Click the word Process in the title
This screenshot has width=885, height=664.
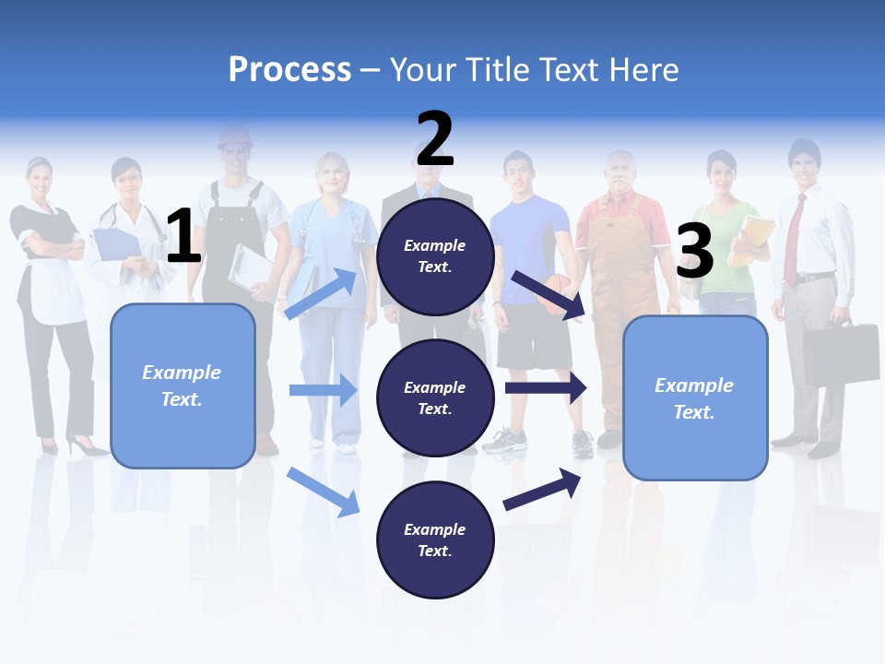coord(289,69)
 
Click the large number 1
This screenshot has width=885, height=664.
coord(183,237)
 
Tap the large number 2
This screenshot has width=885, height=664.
coord(435,139)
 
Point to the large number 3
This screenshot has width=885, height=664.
coord(694,251)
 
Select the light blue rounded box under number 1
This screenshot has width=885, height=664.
coord(183,385)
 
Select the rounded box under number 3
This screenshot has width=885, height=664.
coord(695,397)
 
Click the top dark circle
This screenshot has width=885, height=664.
coord(435,256)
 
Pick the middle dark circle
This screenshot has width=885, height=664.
coord(435,397)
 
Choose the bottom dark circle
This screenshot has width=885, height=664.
coord(435,539)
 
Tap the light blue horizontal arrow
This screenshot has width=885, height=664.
coord(323,390)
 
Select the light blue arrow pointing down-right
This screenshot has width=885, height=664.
coord(323,492)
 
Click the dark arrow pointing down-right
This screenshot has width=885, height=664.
coord(548,295)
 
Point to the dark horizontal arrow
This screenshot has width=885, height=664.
coord(546,387)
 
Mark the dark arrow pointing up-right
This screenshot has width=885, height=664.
coord(542,490)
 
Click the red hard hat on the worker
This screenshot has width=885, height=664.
coord(234,137)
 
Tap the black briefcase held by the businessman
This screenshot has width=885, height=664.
coord(840,352)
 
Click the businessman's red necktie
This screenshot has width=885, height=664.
coord(792,240)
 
